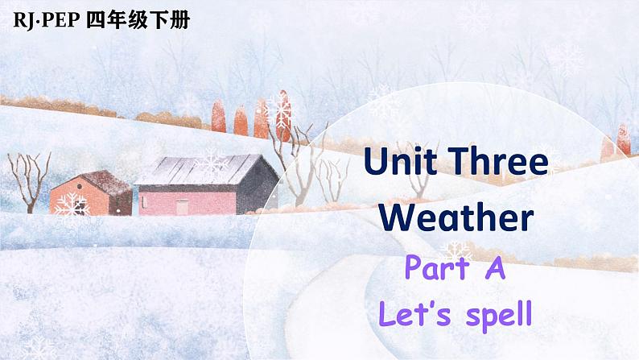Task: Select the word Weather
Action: click(456, 217)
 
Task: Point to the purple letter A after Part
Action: click(494, 267)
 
